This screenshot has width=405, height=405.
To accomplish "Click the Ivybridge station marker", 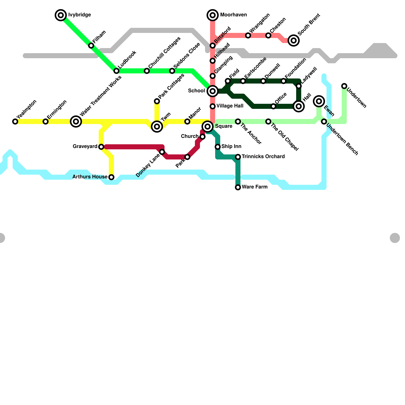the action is tap(61, 15).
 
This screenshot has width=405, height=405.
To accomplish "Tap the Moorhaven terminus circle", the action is tap(213, 15).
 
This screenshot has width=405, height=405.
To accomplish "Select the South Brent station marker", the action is tap(294, 40).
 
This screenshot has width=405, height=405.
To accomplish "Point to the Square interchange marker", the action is tap(208, 126).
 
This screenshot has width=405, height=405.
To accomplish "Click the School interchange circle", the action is tap(213, 91).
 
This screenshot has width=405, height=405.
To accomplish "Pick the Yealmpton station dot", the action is tap(15, 121).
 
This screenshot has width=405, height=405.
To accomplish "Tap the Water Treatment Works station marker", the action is tap(76, 121).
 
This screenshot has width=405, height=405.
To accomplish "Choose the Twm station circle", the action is tap(157, 126).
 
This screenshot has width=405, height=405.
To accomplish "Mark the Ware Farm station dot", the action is tap(238, 187).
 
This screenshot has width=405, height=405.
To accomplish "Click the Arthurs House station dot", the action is tap(111, 177).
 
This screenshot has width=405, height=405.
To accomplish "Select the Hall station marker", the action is tap(299, 106).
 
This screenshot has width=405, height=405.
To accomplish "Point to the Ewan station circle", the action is tap(319, 101).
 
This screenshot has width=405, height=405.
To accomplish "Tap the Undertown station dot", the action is tap(344, 86).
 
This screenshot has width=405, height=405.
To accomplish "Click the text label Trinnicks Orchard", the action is tap(263, 156).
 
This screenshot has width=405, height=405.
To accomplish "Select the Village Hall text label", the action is tap(230, 106).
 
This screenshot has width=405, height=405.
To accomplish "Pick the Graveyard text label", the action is tap(85, 146).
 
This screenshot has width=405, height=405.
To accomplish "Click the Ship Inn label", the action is tap(231, 146).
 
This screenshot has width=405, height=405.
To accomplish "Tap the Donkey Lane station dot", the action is tap(162, 152).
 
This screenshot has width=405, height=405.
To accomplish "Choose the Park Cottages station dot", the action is tap(157, 101).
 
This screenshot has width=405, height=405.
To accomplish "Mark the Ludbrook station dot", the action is tap(116, 71).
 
